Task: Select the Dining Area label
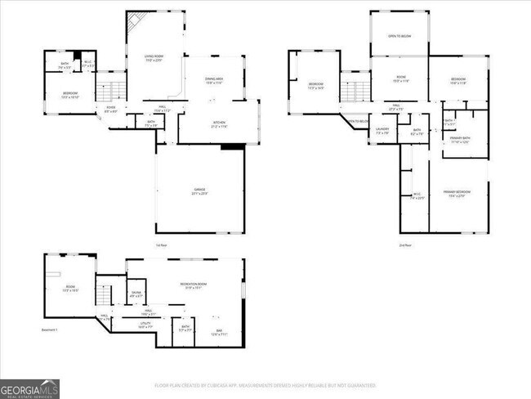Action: click(215, 80)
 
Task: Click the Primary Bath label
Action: click(461, 139)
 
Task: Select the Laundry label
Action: click(382, 130)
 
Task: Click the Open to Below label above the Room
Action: click(399, 37)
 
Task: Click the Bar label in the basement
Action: click(218, 332)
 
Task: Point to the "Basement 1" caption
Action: click(51, 330)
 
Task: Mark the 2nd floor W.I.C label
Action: click(417, 195)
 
